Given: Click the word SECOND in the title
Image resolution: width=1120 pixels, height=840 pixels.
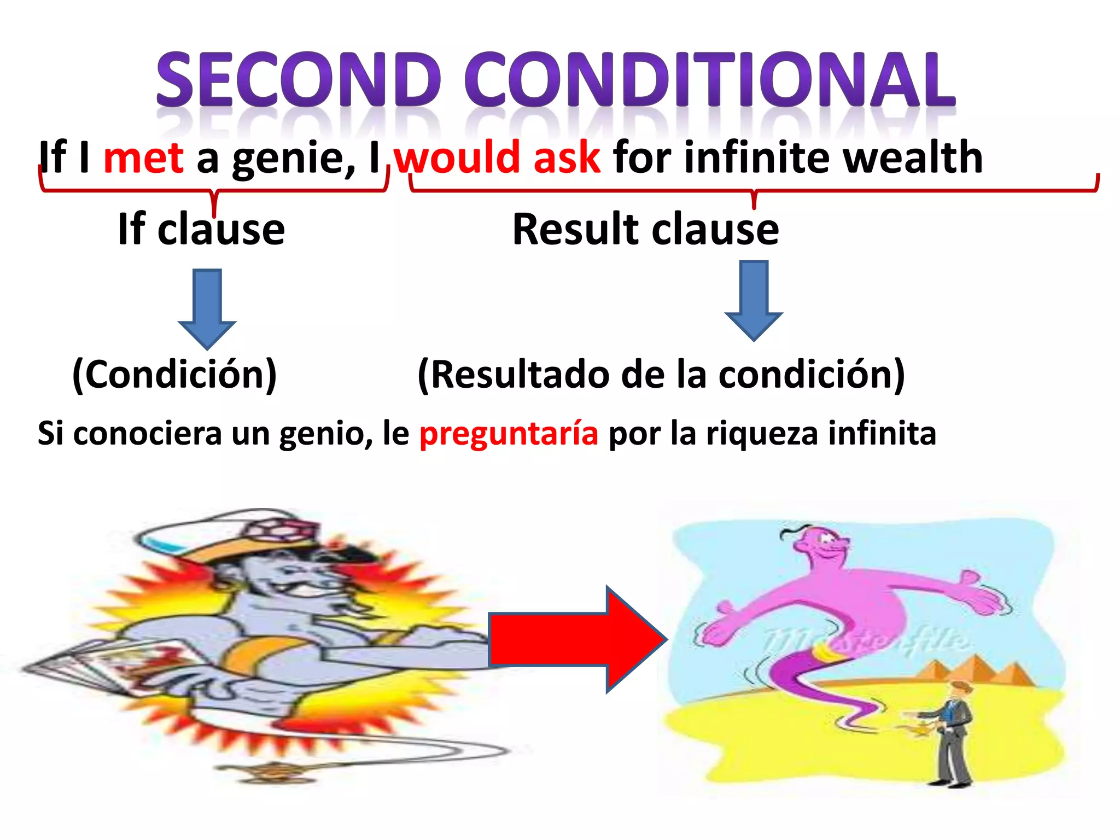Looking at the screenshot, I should click(299, 80).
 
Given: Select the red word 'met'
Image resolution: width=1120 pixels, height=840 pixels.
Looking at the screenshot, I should click(143, 157).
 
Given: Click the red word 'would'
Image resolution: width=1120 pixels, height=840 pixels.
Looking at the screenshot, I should click(457, 157).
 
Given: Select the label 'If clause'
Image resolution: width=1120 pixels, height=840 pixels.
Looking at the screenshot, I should click(201, 229).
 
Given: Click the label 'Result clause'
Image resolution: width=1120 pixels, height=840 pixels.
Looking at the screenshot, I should click(646, 229).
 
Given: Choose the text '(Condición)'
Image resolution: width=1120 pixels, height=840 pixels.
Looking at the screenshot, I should click(174, 375).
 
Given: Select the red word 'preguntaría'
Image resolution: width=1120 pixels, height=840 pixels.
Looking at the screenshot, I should click(509, 433).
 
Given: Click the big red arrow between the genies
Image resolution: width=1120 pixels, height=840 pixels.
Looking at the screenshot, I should click(577, 639).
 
